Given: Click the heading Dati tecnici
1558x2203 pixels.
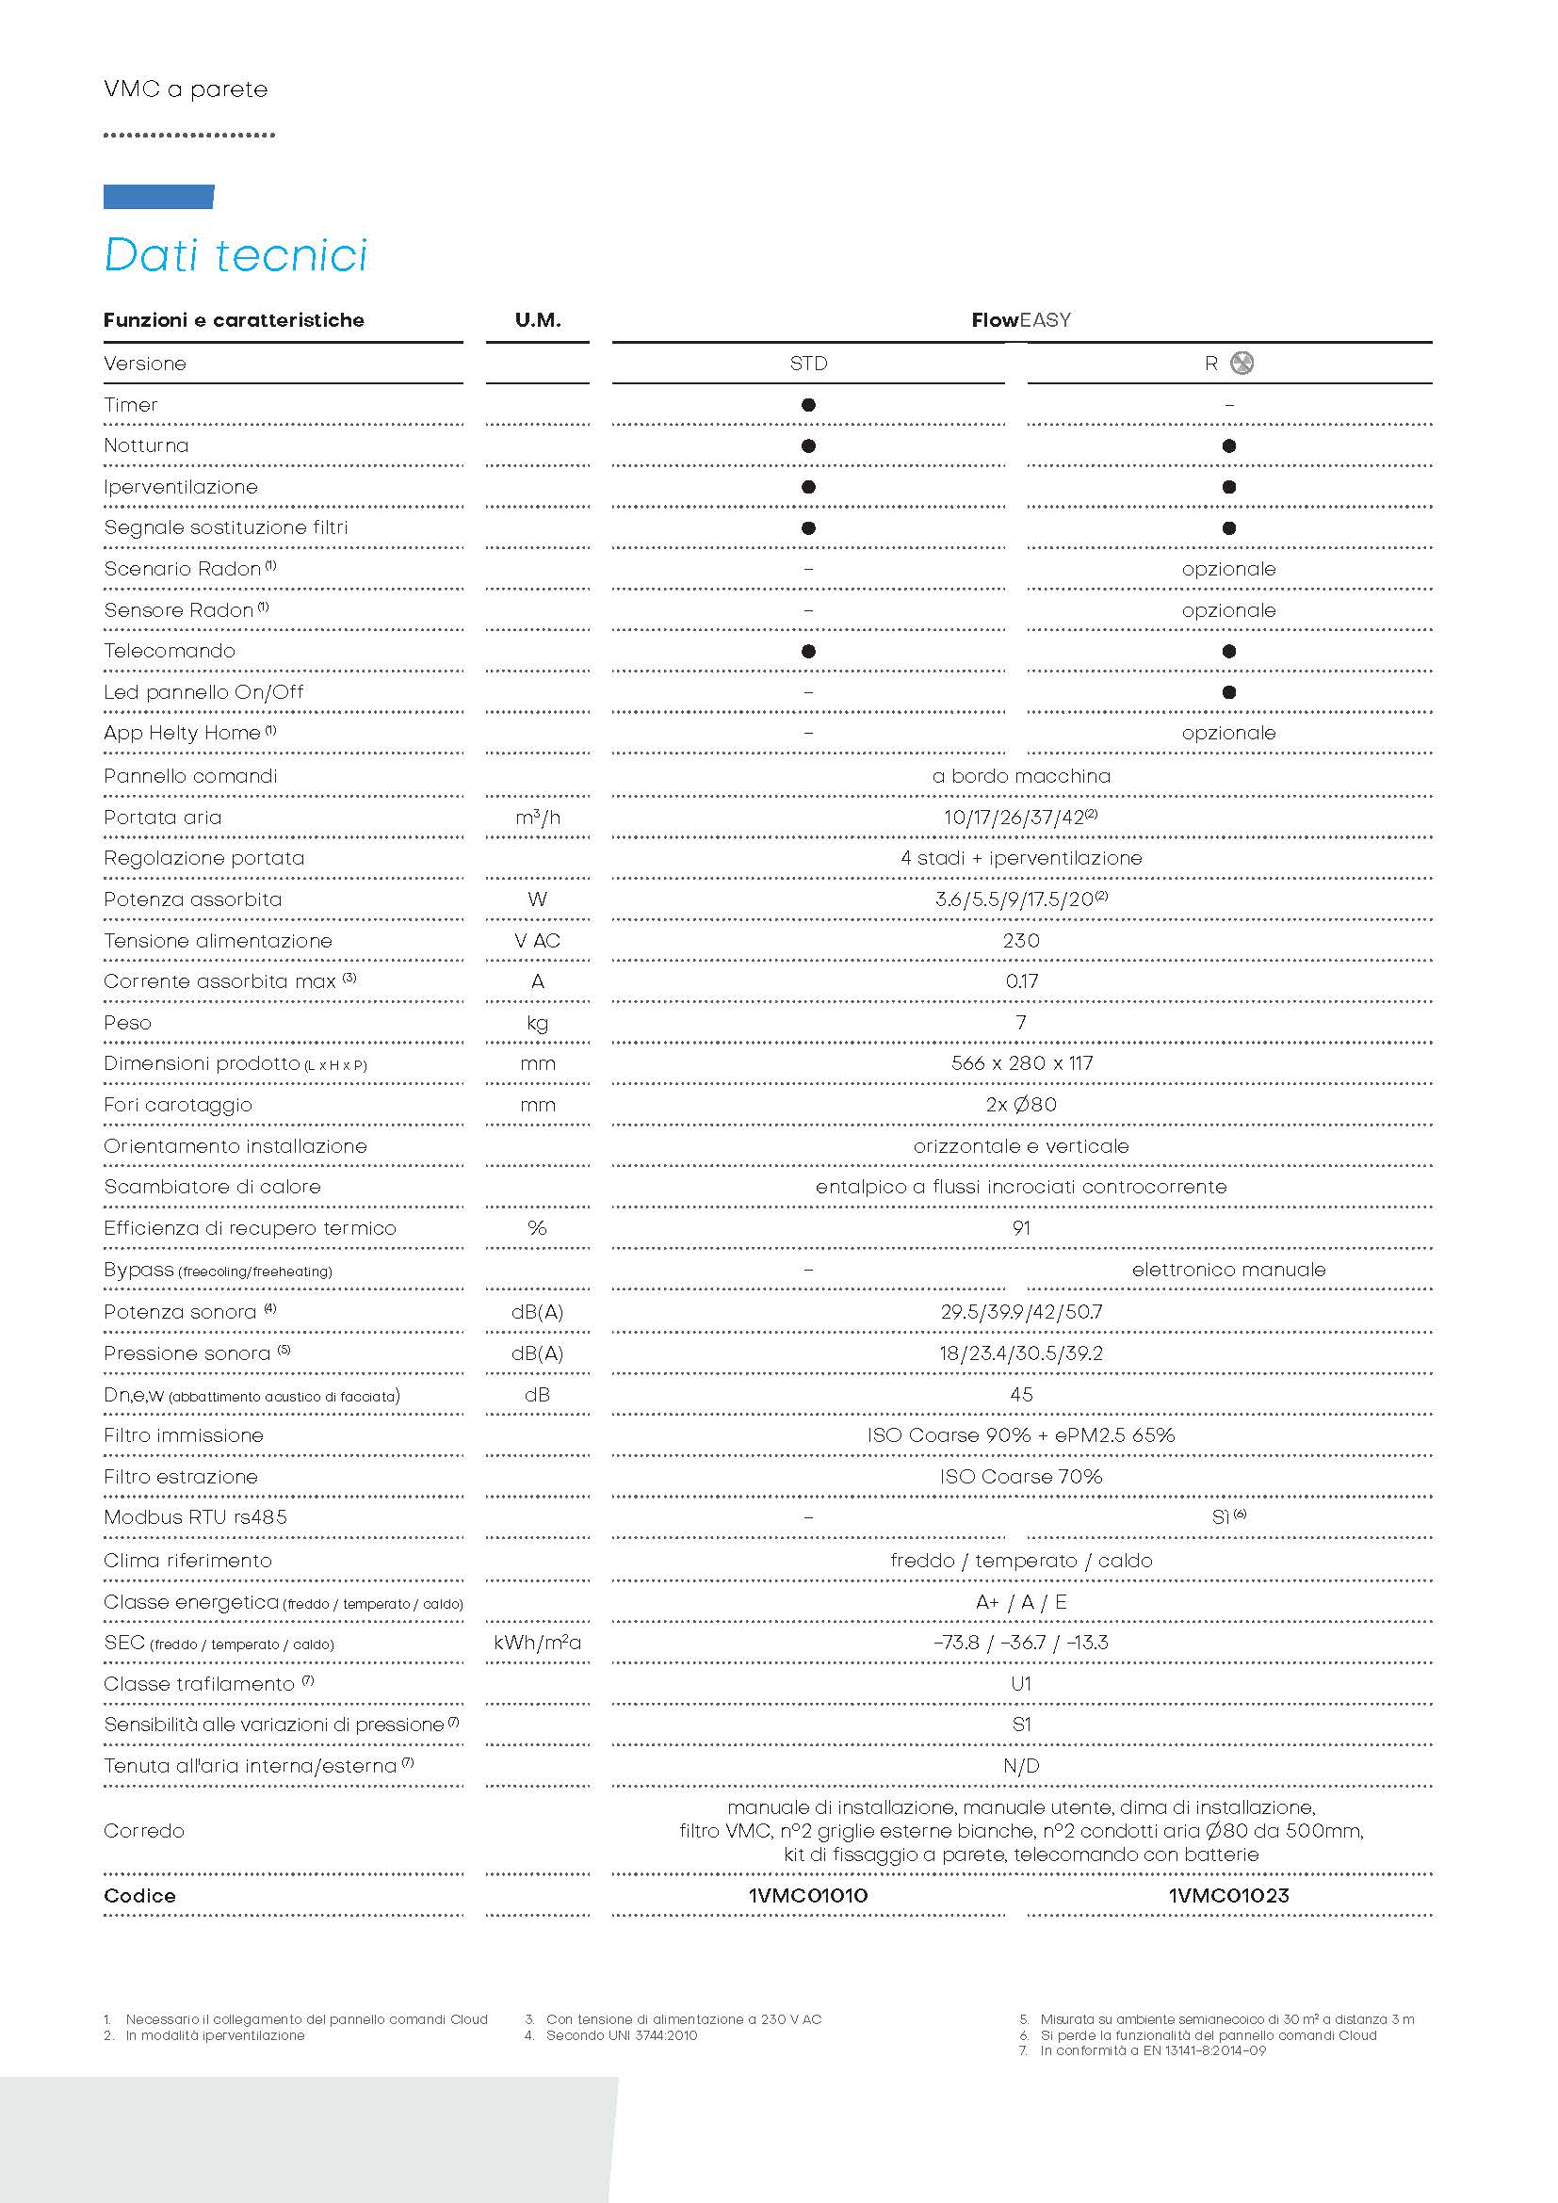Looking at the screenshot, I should tap(235, 255).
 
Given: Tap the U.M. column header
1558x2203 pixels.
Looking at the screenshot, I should tap(537, 320).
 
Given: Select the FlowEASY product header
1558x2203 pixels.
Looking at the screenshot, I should tap(1021, 320).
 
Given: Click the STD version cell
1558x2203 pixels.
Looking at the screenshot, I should tap(808, 364).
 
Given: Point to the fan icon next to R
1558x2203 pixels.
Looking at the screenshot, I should tap(1242, 364).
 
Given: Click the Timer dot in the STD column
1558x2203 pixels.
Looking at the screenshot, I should tap(808, 405).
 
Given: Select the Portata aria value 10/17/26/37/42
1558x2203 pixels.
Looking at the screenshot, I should tap(1020, 818).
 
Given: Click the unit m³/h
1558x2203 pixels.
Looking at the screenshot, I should tap(537, 818).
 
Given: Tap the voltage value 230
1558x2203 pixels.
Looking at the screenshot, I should tap(1021, 941).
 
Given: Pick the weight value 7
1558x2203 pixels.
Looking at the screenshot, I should tap(1021, 1023).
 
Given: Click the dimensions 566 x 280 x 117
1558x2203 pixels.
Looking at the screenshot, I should tap(1021, 1064).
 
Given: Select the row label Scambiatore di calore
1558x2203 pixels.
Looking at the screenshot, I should tap(212, 1187).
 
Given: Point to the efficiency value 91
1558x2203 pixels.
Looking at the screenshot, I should tap(1021, 1228).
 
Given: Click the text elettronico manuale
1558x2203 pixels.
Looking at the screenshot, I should tap(1228, 1270).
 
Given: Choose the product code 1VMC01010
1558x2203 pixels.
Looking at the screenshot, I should tap(808, 1896).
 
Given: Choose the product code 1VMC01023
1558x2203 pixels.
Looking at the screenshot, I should tap(1228, 1896).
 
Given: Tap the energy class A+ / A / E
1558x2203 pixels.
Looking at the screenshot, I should tap(1021, 1602).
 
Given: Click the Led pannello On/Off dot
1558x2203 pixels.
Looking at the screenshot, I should tap(1229, 693).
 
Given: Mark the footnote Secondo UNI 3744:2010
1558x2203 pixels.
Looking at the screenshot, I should tap(621, 2035).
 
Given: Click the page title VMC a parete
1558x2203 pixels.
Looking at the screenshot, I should tap(187, 89).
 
